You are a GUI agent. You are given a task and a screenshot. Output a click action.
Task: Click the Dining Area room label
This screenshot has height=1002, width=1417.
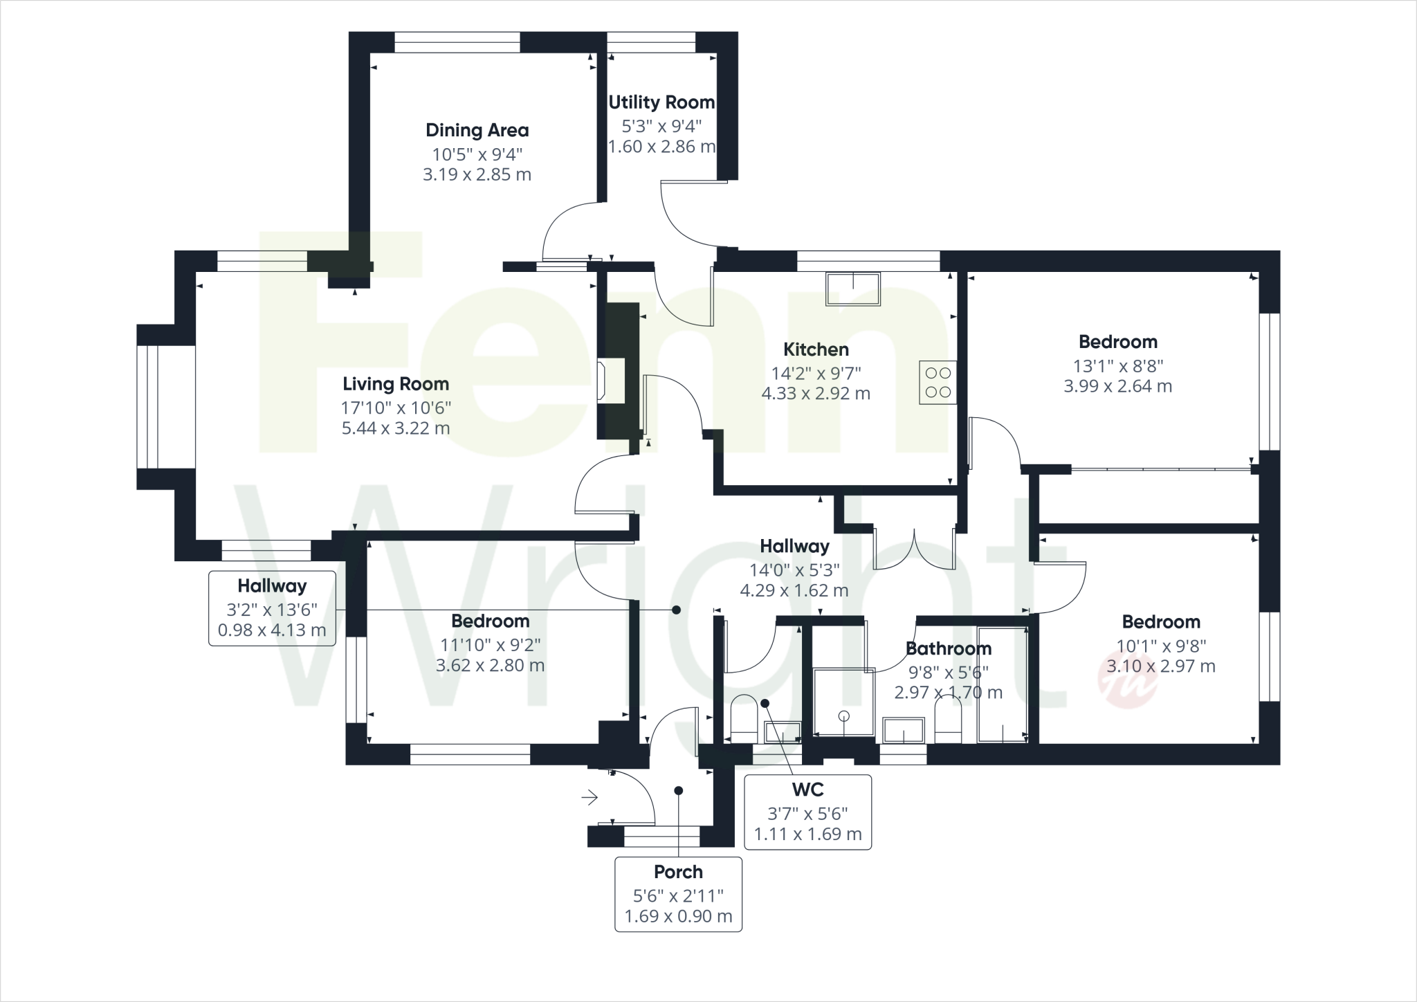point(477,130)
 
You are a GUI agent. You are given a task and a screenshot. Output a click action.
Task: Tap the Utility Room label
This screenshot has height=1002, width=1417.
point(661,102)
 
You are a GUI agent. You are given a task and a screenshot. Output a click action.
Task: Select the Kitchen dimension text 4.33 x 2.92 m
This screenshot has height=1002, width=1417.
point(816,394)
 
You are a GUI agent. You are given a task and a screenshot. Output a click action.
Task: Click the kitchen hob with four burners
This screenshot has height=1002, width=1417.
point(938,383)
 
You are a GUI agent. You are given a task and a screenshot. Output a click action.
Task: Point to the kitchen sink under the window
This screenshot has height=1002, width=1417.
point(853,289)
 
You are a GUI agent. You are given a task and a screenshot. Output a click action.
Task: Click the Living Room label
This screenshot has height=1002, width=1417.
point(396,384)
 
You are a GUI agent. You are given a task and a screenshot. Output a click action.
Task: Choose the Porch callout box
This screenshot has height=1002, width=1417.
point(678,894)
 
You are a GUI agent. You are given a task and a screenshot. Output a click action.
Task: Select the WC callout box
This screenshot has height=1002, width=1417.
point(807,812)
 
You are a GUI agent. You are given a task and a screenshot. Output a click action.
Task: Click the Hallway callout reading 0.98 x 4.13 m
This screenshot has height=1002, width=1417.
point(272,608)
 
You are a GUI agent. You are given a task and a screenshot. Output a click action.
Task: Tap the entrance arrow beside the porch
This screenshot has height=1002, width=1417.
point(589,798)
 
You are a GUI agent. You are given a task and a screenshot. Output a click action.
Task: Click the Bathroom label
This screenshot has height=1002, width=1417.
point(948,649)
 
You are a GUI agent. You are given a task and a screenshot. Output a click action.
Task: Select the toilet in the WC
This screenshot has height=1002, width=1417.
point(744,716)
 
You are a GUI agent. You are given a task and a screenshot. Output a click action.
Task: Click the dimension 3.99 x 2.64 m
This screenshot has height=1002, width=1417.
point(1117,386)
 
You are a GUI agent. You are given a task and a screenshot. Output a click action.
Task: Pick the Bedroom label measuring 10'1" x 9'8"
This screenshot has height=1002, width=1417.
point(1161,622)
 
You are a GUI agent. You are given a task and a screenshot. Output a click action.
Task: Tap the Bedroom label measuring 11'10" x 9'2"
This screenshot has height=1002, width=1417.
point(490,621)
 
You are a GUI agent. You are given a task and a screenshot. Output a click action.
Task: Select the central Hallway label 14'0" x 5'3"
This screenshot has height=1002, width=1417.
point(794,547)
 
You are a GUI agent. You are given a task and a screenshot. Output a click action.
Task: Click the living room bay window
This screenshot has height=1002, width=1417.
point(148,407)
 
